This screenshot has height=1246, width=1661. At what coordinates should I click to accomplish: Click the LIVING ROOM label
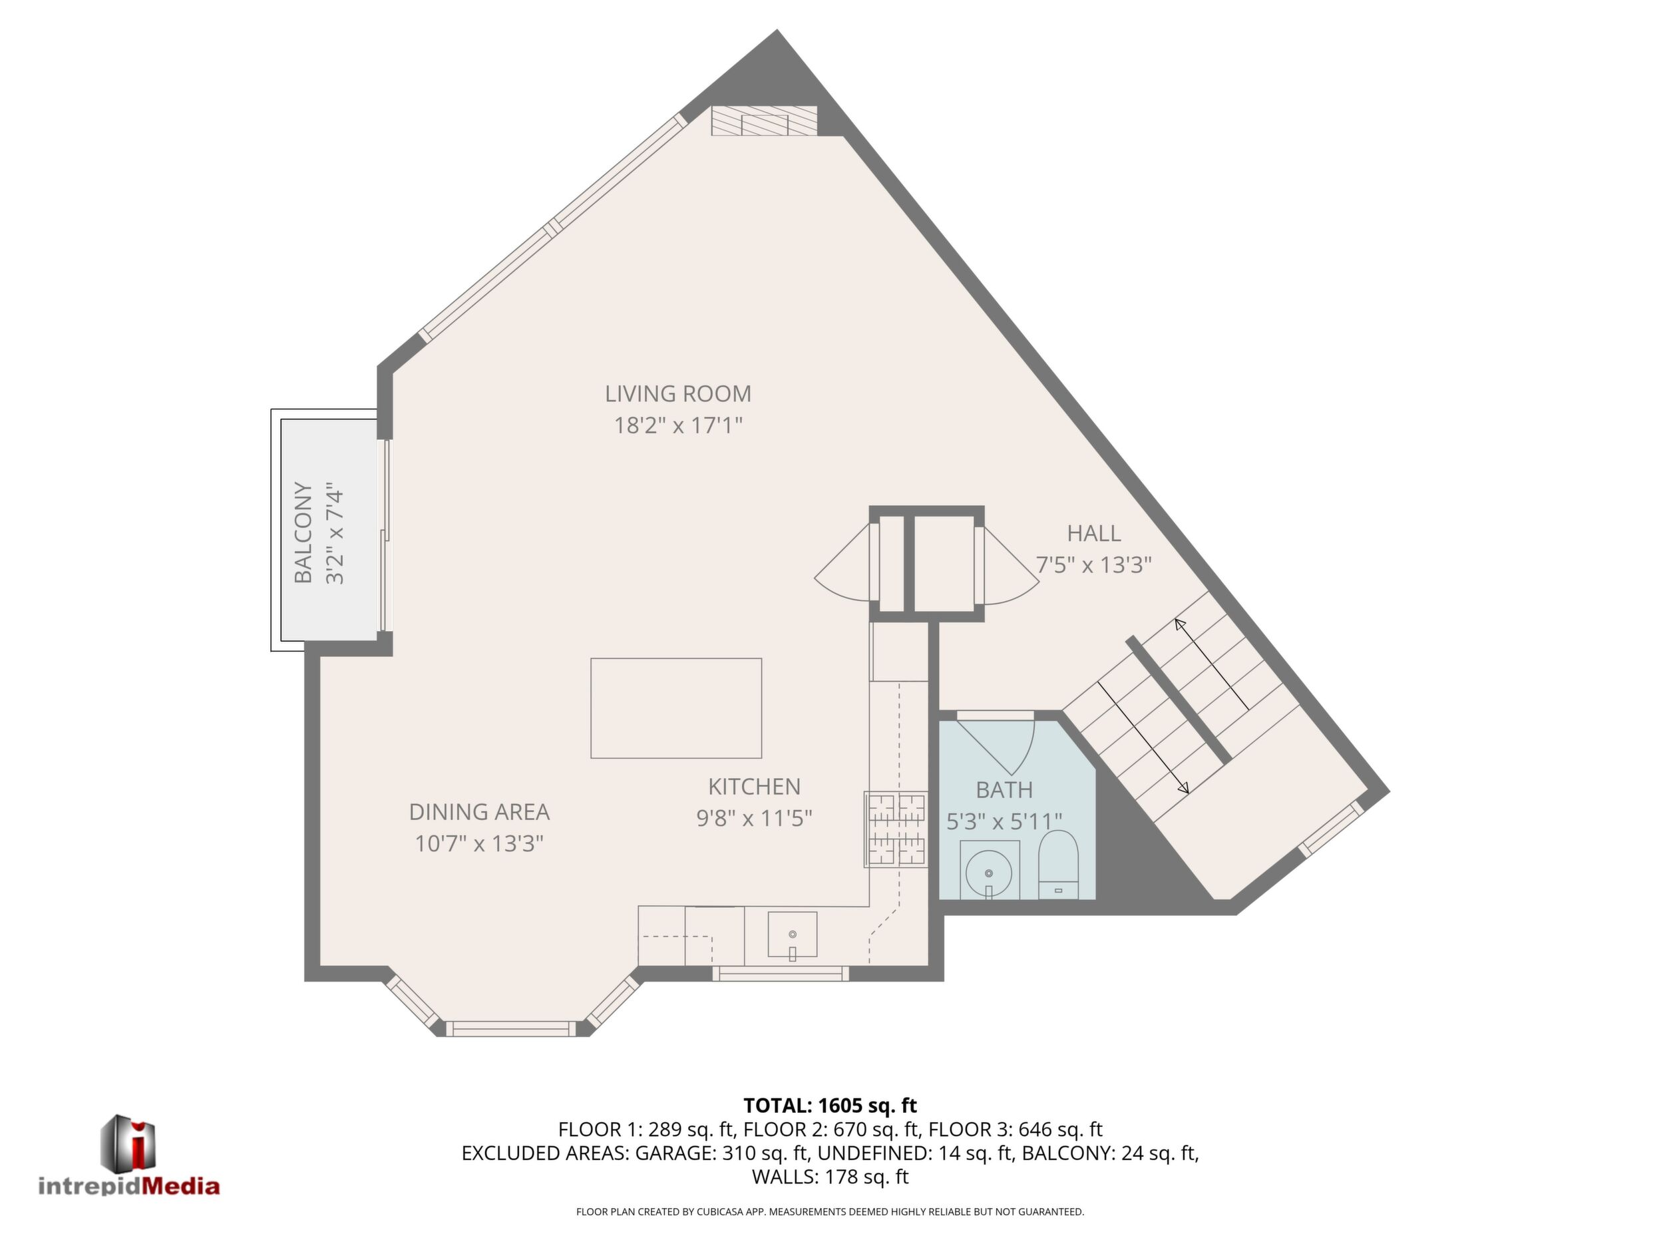coord(678,393)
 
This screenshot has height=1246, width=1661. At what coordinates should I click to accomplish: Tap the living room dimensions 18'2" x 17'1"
coord(678,426)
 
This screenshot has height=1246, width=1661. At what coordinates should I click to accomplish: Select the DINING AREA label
coord(479,812)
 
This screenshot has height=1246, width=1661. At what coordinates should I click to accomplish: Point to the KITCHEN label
coord(755,786)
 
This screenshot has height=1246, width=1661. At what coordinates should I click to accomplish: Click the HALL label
coord(1094,533)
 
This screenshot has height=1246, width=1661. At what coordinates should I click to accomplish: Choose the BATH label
coord(1005,790)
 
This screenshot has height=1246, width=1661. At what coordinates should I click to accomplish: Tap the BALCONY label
coord(303,532)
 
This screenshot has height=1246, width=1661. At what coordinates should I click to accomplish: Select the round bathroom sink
coord(989,873)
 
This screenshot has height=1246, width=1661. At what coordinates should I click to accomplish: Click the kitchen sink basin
coord(792,934)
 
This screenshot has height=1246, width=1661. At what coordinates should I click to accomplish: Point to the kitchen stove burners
coord(896,829)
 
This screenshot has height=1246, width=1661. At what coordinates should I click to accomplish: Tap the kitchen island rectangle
coord(676,708)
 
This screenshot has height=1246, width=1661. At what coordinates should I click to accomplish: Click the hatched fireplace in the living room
coord(765,121)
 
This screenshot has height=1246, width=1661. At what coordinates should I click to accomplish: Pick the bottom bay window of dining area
coord(512,1028)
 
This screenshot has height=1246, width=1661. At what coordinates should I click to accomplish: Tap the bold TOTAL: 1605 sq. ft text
coord(830,1106)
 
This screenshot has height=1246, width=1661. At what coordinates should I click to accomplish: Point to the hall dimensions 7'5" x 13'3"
coord(1094,565)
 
